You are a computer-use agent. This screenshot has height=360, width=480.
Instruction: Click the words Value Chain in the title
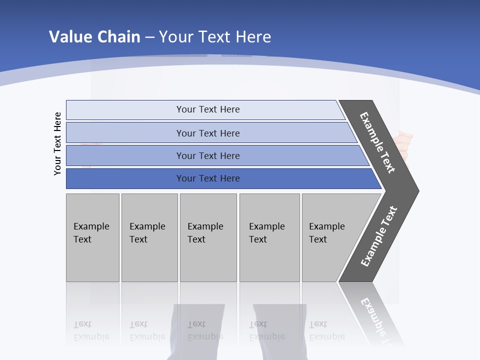point(94,36)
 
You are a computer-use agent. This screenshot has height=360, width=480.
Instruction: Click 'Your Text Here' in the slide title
point(215,36)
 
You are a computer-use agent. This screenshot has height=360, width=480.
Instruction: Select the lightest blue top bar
point(125,109)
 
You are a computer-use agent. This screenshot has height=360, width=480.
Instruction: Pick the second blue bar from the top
point(125,133)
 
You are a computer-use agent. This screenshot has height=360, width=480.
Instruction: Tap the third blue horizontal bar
point(125,155)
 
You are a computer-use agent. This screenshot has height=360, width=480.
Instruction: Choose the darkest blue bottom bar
point(125,178)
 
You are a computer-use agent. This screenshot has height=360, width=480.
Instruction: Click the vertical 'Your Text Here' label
point(57,144)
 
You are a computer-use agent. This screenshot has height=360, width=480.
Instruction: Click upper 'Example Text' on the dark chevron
point(377,142)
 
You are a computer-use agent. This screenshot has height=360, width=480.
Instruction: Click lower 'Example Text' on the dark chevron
point(379,236)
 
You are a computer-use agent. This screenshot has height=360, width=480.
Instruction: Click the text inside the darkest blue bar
point(208,178)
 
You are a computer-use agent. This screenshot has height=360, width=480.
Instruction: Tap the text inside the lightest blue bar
point(208,109)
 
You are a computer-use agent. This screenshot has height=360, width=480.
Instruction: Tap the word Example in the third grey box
point(205,226)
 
